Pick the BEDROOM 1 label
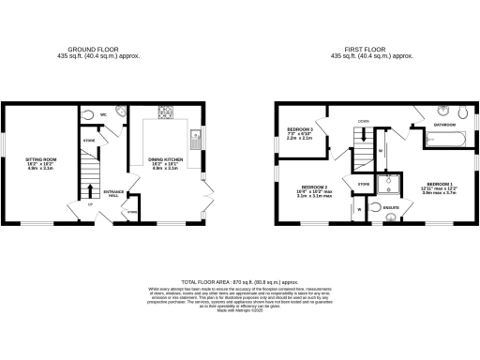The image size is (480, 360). [439, 187]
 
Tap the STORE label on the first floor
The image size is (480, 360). [363, 185]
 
